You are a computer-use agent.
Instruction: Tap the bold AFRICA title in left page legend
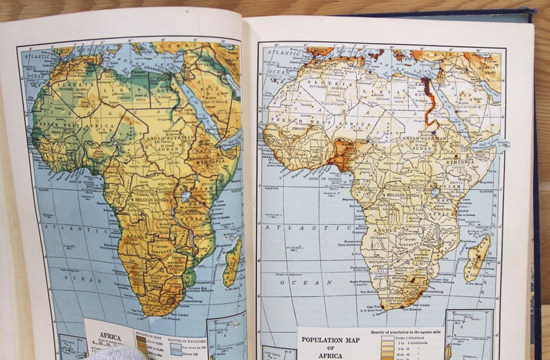[111, 337]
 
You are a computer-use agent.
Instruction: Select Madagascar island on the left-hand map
[233, 262]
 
